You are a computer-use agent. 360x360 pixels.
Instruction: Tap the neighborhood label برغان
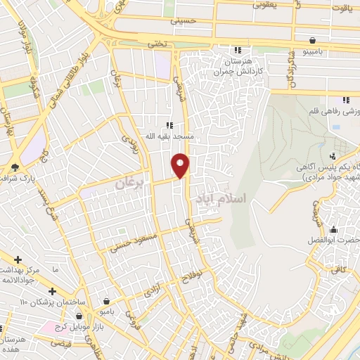pyautogui.click(x=129, y=182)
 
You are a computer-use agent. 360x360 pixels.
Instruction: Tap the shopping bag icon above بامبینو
pyautogui.click(x=321, y=39)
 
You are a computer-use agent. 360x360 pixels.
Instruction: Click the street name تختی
pyautogui.click(x=157, y=44)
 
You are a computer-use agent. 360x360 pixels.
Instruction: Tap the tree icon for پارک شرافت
pyautogui.click(x=14, y=167)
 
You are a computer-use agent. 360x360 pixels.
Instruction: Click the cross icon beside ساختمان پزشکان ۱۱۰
pyautogui.click(x=52, y=291)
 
